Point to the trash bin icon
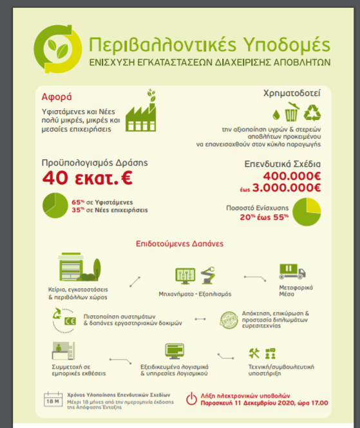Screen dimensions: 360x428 point(293,112)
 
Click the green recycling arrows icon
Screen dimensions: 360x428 point(313,113)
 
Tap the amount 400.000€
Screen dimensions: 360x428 point(292,176)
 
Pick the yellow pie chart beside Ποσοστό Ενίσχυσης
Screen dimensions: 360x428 point(307,212)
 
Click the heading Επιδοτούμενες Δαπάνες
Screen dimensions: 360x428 point(177,244)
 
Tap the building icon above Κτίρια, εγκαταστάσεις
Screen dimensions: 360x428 point(75,273)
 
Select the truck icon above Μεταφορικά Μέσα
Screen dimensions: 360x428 point(292,271)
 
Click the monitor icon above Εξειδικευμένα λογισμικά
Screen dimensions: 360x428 point(175,351)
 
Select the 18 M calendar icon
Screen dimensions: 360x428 point(53,399)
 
